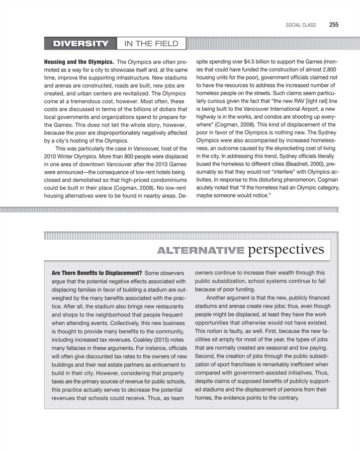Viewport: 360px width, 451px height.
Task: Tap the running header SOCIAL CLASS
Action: [301, 24]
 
